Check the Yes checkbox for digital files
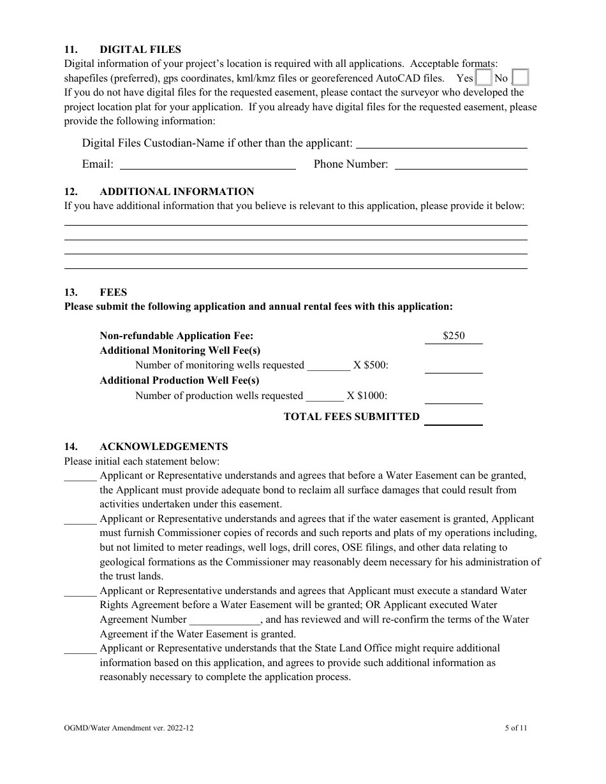484,78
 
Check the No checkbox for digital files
521,78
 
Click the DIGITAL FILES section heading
140,49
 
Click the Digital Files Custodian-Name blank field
445,144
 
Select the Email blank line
208,165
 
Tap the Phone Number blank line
461,165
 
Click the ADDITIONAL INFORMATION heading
177,191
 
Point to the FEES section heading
114,292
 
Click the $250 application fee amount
454,336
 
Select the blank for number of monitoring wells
329,367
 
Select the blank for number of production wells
325,396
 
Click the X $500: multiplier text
371,365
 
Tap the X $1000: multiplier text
367,396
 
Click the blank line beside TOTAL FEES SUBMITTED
454,420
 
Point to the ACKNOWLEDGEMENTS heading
163,446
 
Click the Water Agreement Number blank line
225,621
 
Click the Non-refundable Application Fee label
176,336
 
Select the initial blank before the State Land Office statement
80,650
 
